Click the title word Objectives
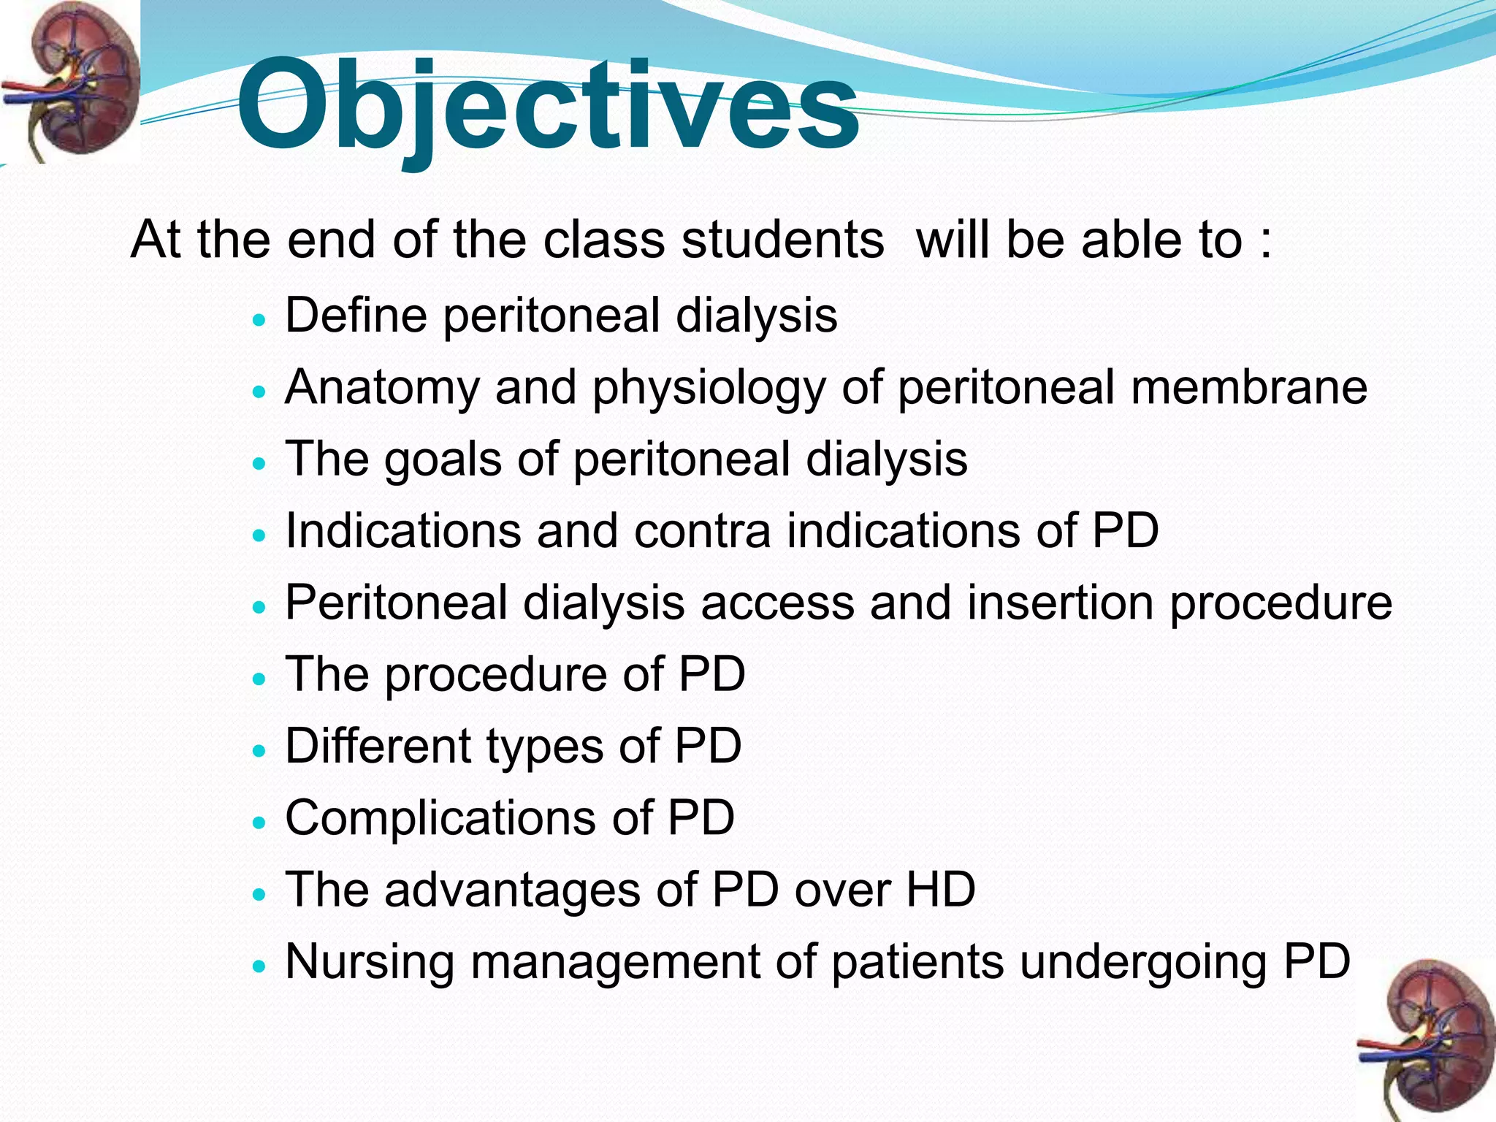pos(548,106)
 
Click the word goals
pos(443,460)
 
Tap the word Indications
pos(402,531)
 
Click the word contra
pos(702,531)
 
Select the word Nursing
pos(370,962)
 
